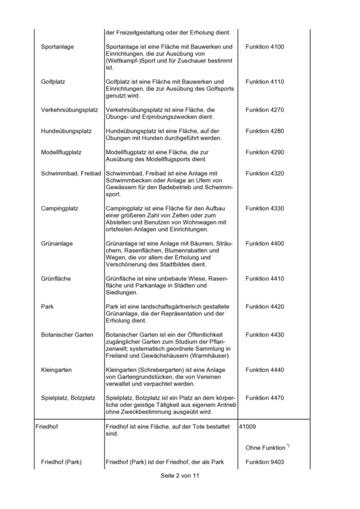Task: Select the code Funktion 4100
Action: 265,47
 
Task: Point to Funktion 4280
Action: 265,131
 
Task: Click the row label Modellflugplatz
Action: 61,152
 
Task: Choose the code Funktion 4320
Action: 265,173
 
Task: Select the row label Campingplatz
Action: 60,208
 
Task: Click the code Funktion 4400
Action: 265,243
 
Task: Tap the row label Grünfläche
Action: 56,278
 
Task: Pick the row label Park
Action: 47,307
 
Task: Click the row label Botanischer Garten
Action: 67,335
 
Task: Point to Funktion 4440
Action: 265,370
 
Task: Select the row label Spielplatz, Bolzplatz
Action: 68,397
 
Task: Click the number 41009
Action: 247,426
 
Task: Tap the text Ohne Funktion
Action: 265,447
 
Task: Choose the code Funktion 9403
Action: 265,462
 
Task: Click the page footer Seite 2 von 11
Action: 180,476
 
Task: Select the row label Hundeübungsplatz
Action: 66,131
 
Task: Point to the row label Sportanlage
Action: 57,47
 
